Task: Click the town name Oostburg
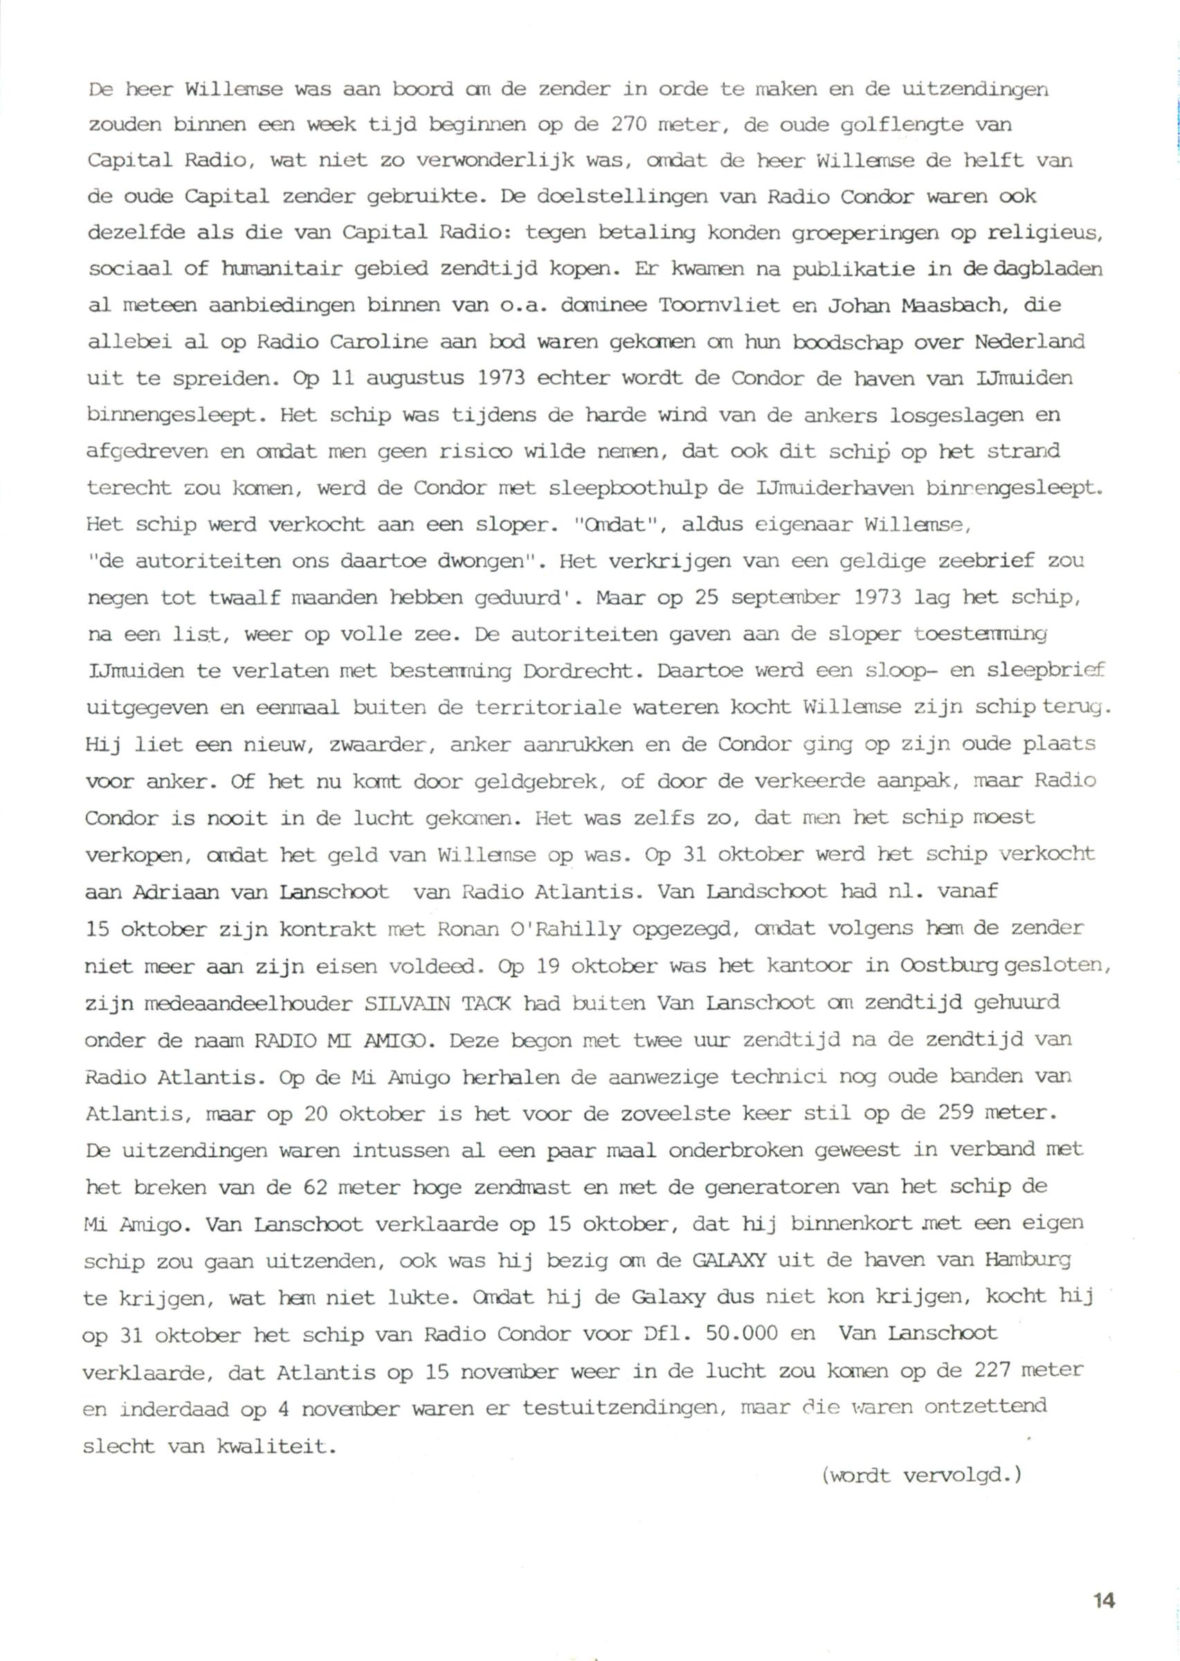[x=949, y=966]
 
